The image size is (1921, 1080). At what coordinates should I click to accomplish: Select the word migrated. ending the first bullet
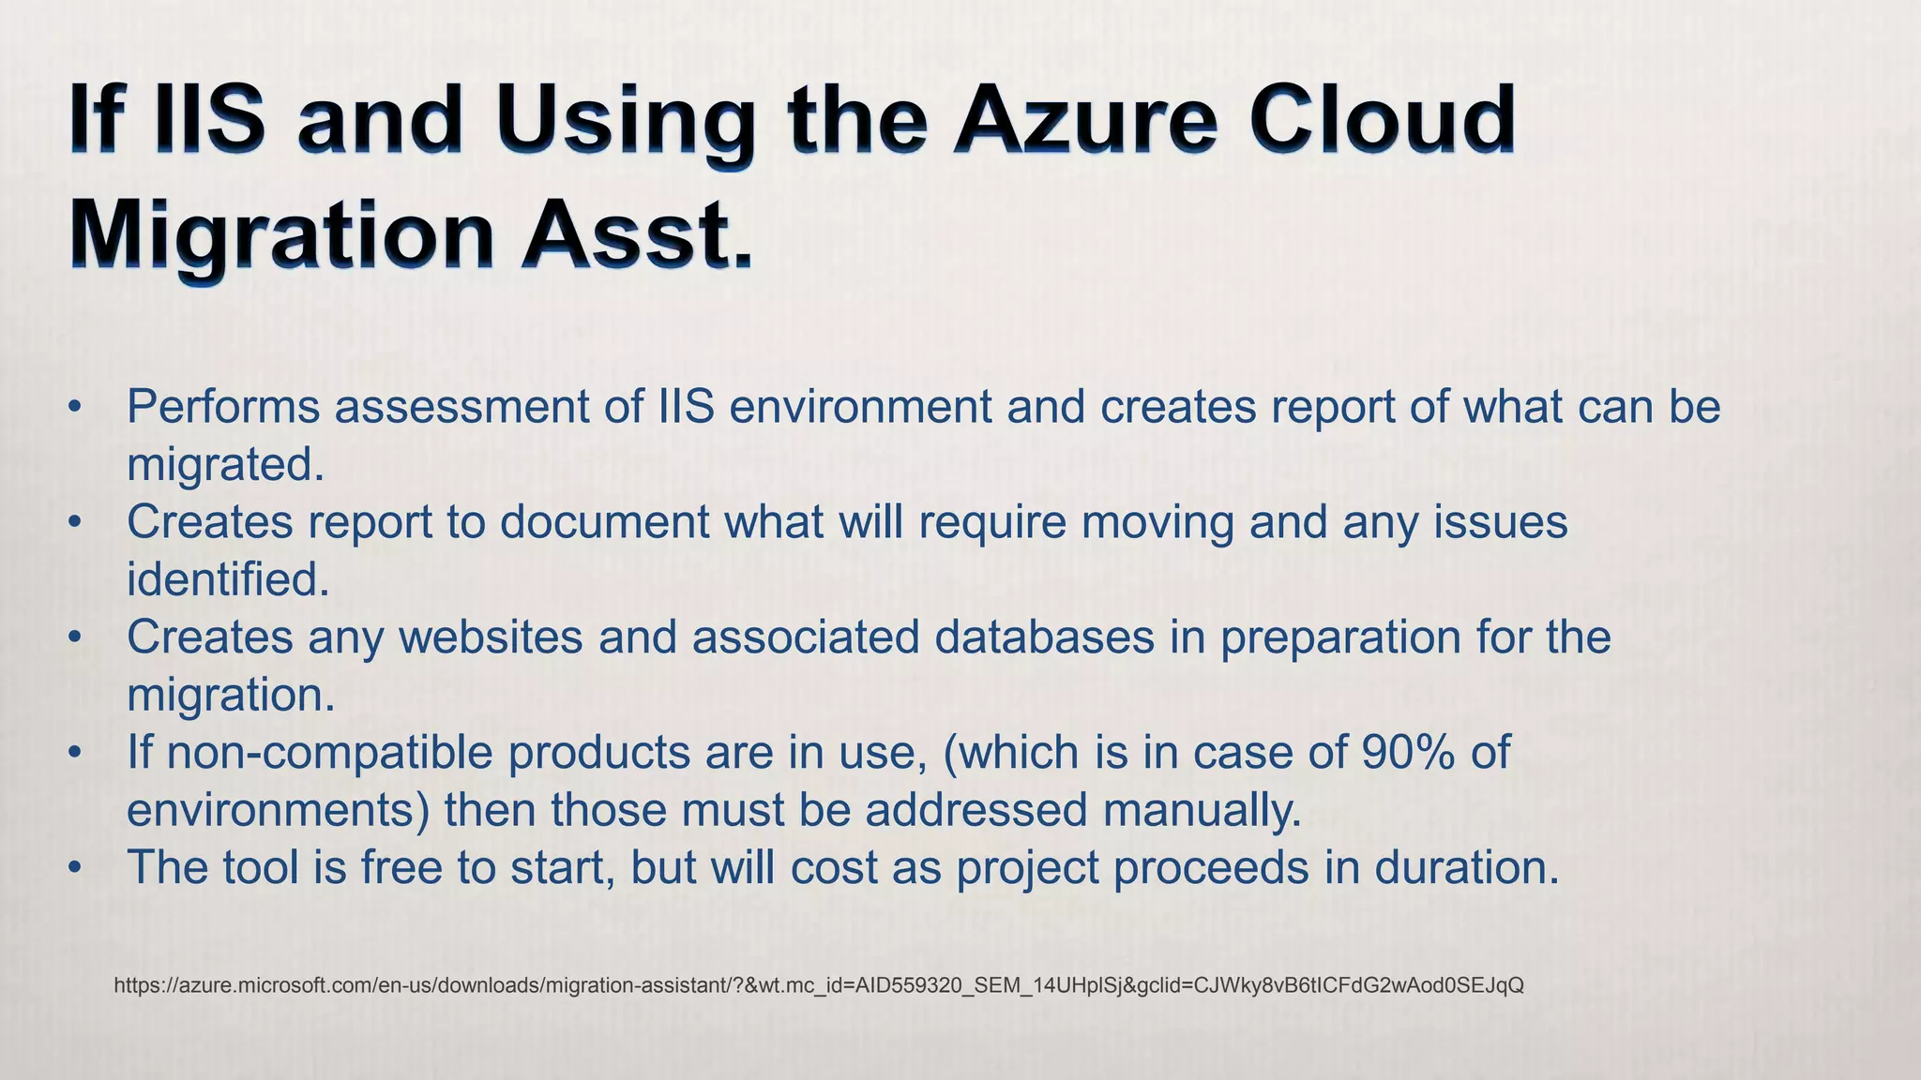click(225, 464)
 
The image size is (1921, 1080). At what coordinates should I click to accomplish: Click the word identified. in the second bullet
click(228, 579)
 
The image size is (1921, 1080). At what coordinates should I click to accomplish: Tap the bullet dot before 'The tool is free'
click(76, 868)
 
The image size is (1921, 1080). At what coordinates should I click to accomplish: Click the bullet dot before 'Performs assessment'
click(76, 408)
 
